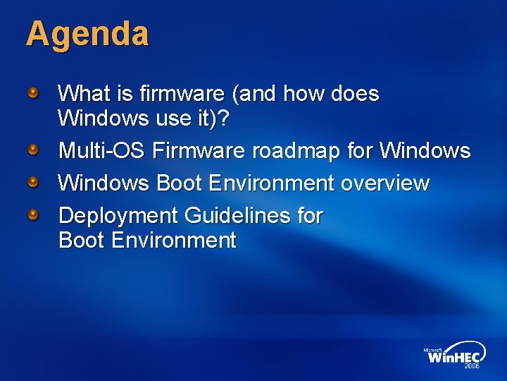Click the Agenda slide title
coord(87,35)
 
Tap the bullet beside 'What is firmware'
coord(33,92)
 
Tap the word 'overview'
coord(385,183)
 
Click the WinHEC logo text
coord(453,357)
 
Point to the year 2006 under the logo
coord(471,367)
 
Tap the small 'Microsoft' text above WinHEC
coord(432,349)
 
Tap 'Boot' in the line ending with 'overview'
coord(180,183)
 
